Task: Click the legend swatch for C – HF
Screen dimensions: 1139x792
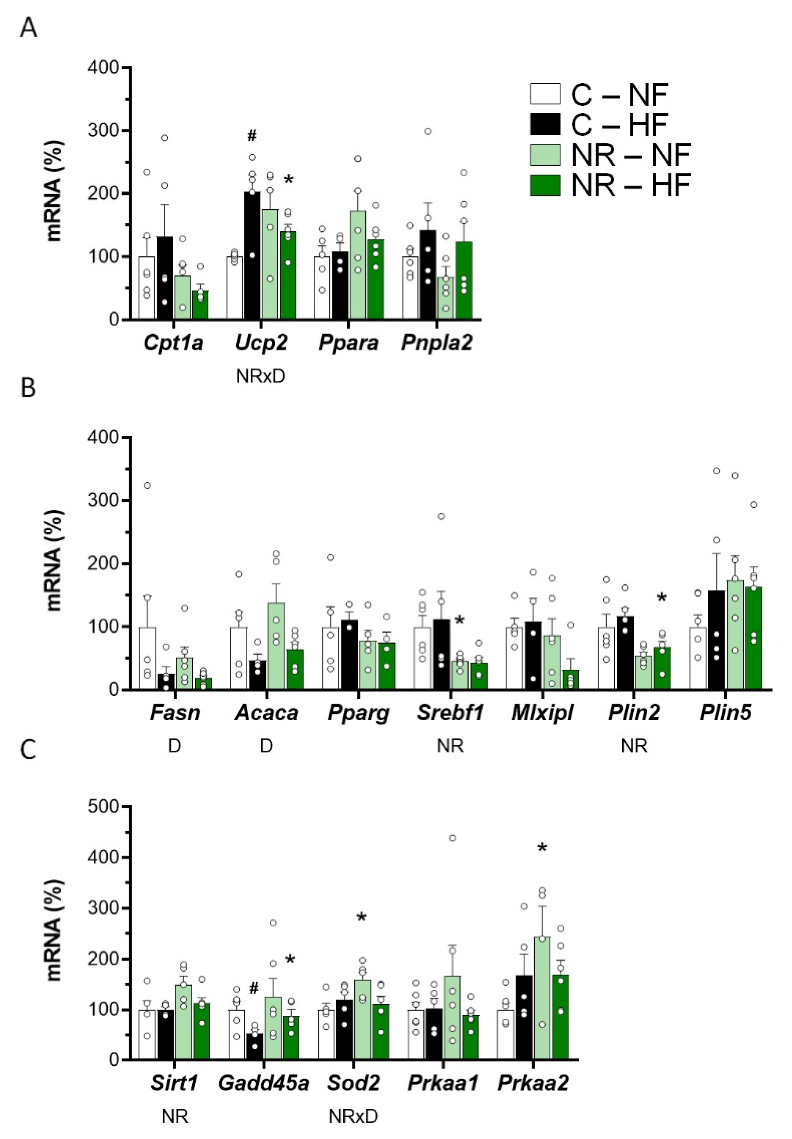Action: click(x=545, y=124)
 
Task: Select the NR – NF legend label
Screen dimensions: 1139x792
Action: click(x=630, y=155)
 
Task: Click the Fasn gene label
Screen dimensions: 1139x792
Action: click(x=175, y=713)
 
